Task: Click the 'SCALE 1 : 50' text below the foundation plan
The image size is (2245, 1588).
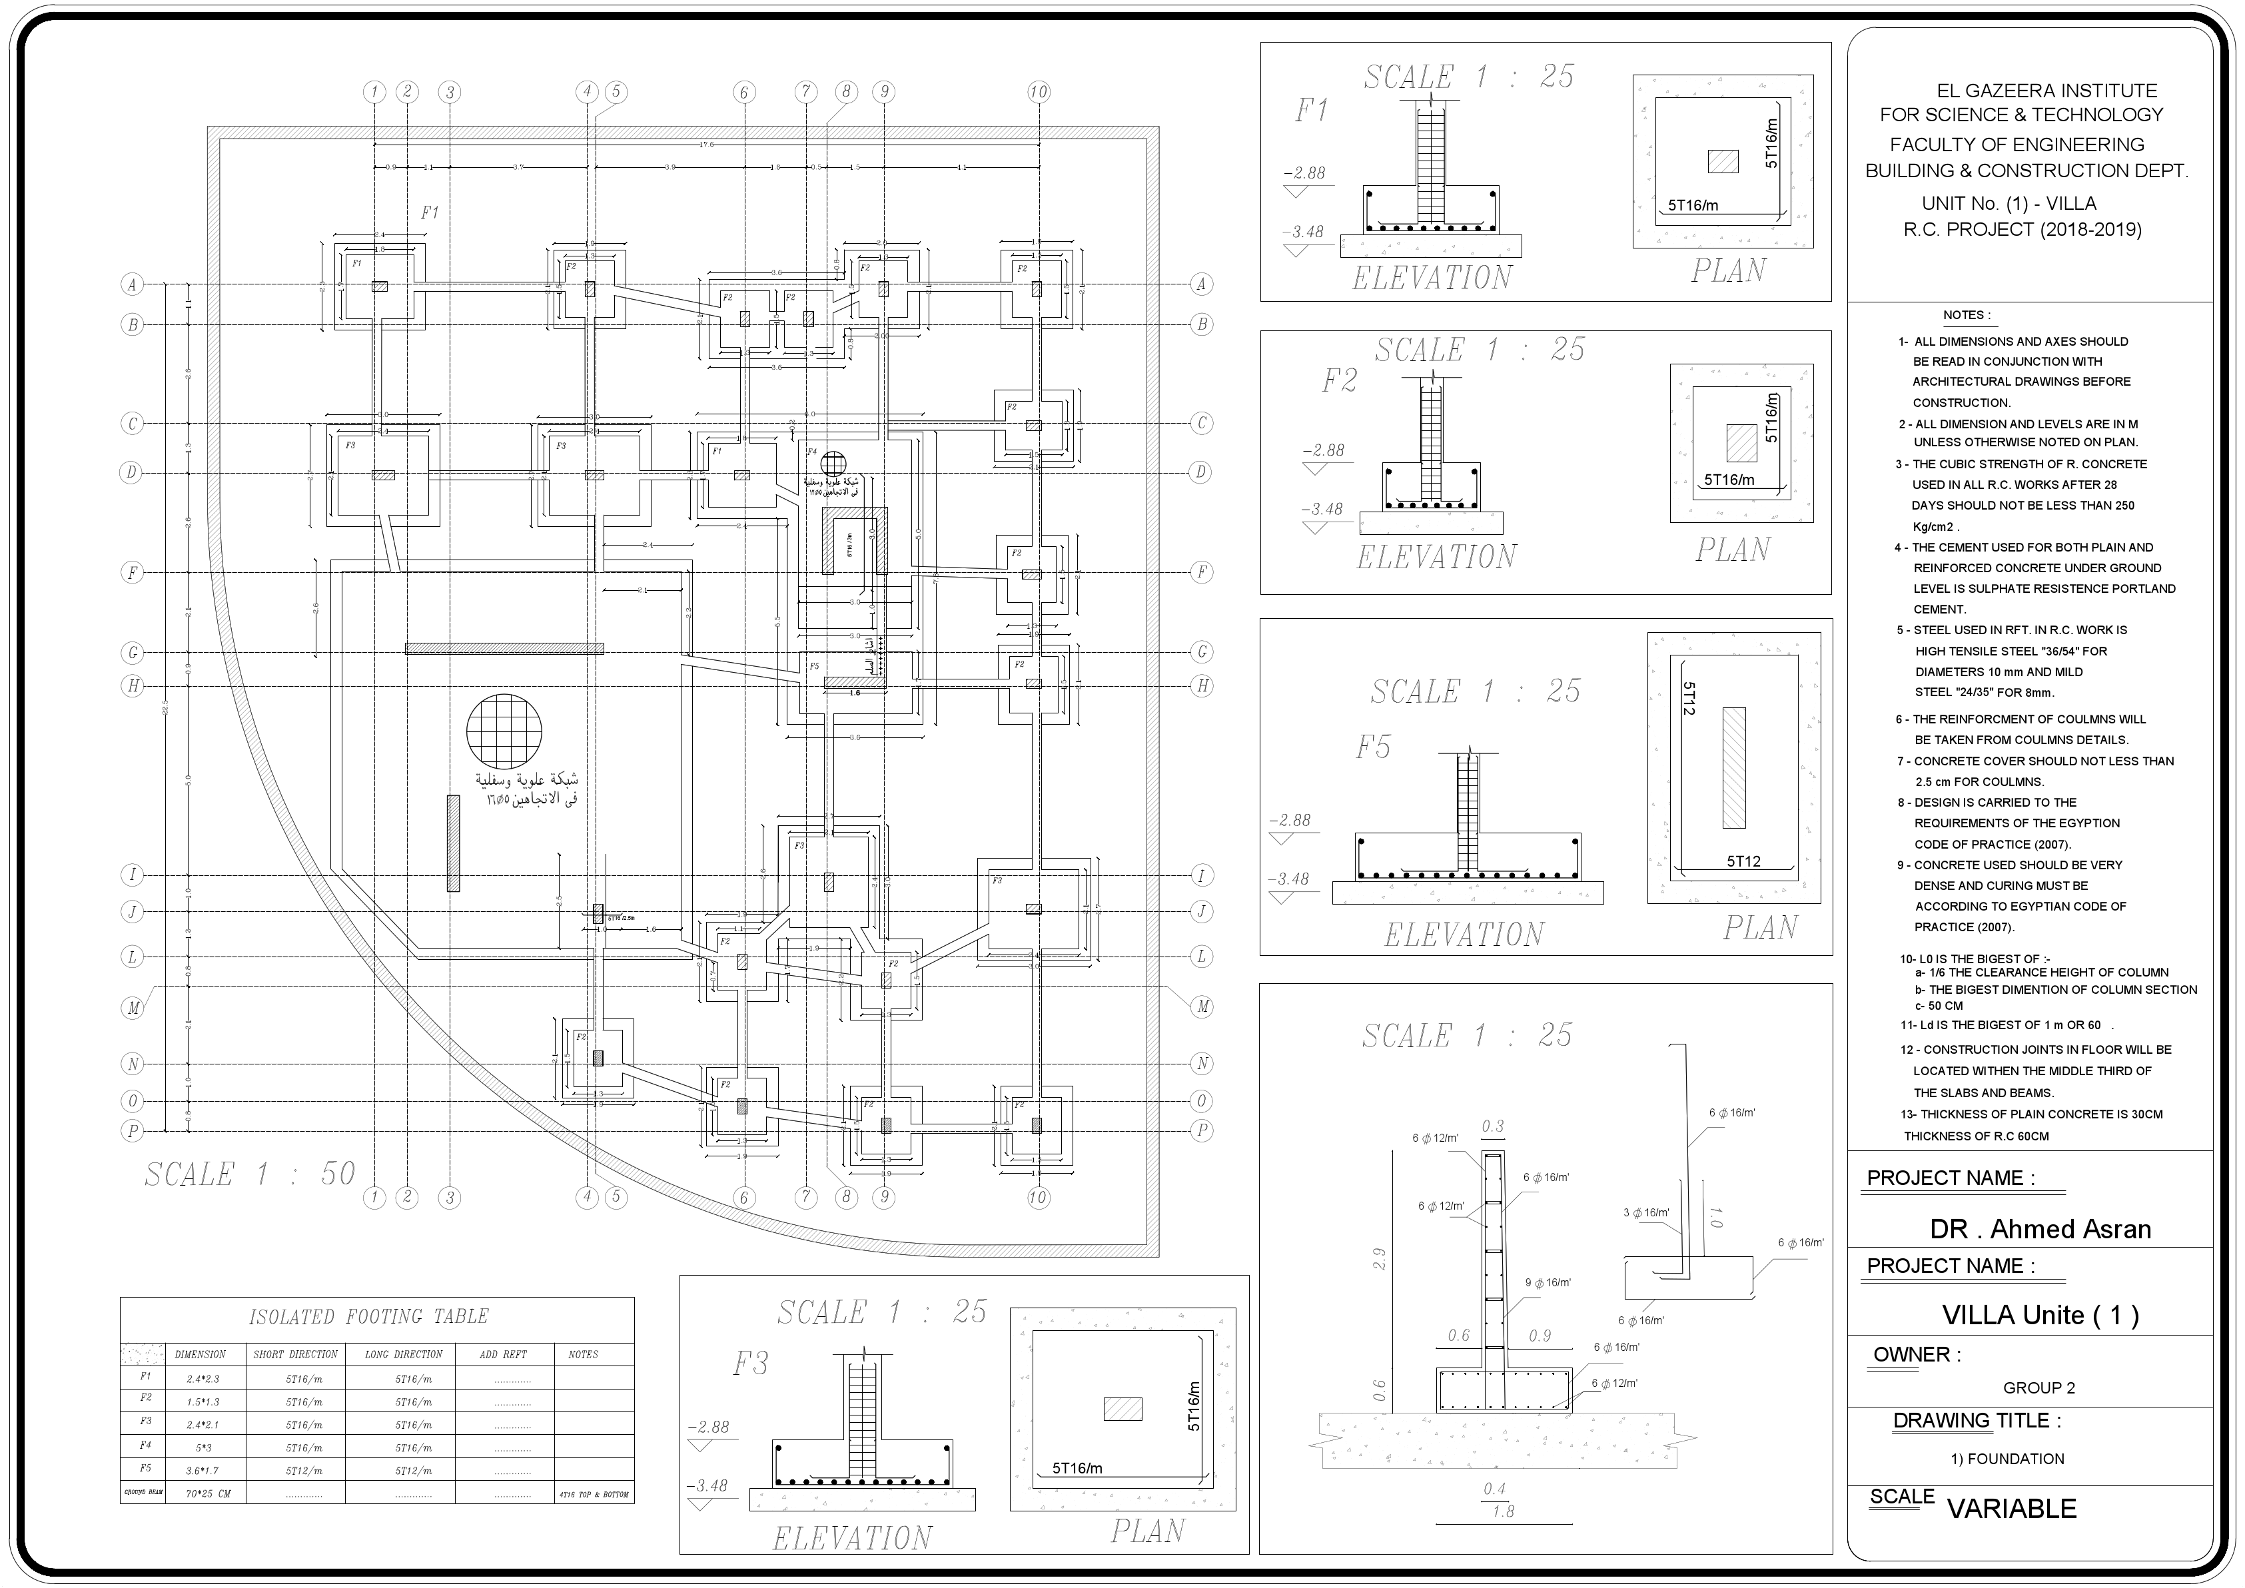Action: coord(250,1174)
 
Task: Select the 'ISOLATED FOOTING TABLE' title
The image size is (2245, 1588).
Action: coord(368,1316)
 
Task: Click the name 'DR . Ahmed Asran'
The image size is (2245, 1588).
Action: coord(2040,1229)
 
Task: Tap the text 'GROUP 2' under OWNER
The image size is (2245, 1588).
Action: coord(2038,1388)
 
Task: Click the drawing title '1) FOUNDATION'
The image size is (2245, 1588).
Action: coord(2007,1459)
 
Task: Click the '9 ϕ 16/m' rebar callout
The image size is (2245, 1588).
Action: coord(1548,1283)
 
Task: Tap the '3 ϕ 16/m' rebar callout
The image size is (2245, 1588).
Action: coord(1645,1212)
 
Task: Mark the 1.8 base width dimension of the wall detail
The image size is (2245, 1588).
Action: coord(1503,1511)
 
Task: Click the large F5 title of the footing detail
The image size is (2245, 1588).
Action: coord(1373,748)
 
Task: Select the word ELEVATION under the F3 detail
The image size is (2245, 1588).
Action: coord(851,1538)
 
